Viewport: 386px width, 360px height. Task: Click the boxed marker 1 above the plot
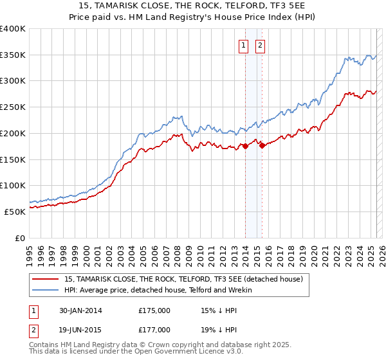[244, 45]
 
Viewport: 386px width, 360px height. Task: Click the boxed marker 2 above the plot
[261, 45]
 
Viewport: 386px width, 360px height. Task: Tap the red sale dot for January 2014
[246, 147]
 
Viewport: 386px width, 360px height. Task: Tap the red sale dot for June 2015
[262, 145]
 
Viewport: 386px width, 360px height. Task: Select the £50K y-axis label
[15, 212]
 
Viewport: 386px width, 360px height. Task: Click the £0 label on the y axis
[20, 238]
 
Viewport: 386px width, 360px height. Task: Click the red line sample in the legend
[46, 279]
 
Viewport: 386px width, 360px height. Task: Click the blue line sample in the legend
[46, 290]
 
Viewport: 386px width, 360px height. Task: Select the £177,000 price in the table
[154, 330]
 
